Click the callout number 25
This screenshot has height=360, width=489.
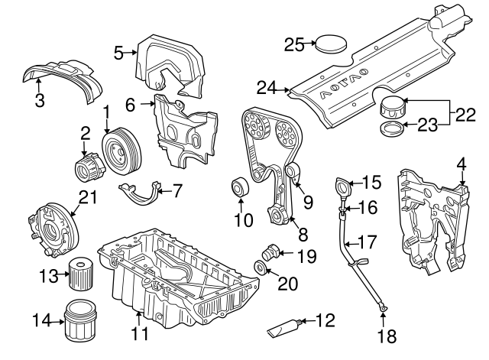[294, 44]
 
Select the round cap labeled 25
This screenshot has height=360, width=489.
[330, 43]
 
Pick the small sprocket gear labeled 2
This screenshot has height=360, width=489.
[86, 164]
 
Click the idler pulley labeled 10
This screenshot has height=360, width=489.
[240, 186]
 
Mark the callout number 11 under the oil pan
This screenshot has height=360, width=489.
[138, 334]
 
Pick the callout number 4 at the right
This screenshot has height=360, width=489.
[461, 164]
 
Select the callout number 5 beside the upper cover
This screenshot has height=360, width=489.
[118, 52]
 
